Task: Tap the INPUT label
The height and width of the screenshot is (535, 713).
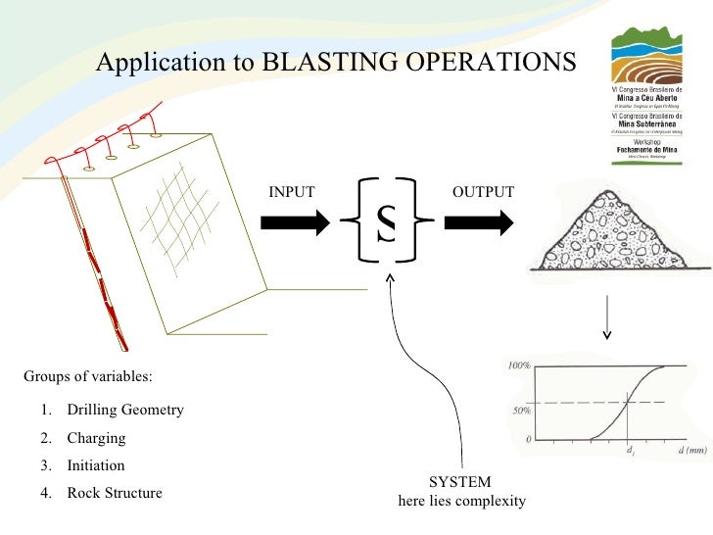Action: (x=292, y=192)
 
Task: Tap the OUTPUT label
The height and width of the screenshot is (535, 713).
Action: (x=483, y=192)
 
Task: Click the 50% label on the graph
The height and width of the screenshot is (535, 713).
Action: (x=522, y=411)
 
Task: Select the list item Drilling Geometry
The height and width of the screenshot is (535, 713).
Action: (x=124, y=410)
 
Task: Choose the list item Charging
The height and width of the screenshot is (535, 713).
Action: (x=96, y=438)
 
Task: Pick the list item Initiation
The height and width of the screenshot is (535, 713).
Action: (x=95, y=465)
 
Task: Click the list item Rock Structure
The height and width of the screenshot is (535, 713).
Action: (x=114, y=493)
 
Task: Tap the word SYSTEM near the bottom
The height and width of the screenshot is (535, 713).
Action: (x=460, y=482)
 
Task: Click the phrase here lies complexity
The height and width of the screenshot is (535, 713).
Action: (x=461, y=502)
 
